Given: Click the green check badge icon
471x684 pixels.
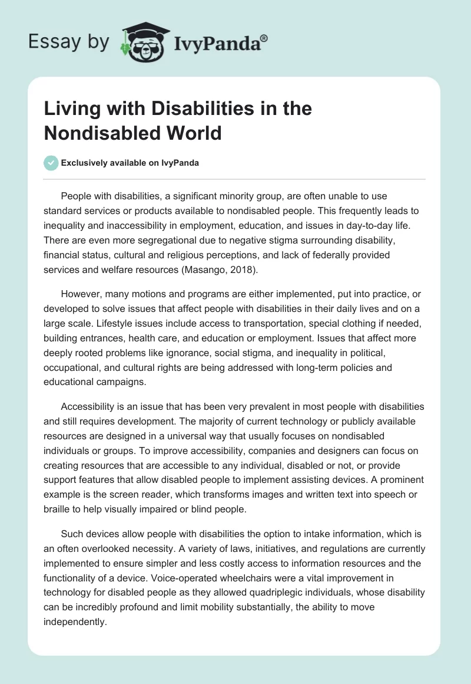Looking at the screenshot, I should [x=51, y=163].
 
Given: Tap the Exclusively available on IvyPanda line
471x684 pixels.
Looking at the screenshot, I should [x=130, y=163].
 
